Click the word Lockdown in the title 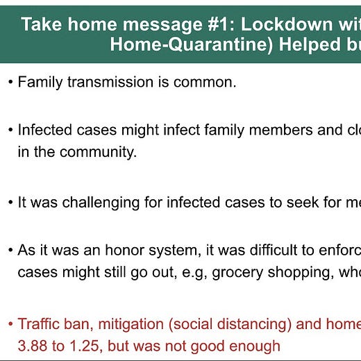pyautogui.click(x=287, y=24)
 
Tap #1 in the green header pyautogui.click(x=219, y=24)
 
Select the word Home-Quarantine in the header pyautogui.click(x=192, y=44)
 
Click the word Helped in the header pyautogui.click(x=310, y=44)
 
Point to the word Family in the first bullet pyautogui.click(x=40, y=83)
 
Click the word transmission pyautogui.click(x=110, y=82)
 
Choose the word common pyautogui.click(x=205, y=83)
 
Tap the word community pyautogui.click(x=98, y=153)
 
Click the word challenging pyautogui.click(x=101, y=203)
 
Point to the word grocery pyautogui.click(x=237, y=273)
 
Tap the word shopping pyautogui.click(x=301, y=273)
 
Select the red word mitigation pyautogui.click(x=131, y=324)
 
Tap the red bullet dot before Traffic pyautogui.click(x=10, y=324)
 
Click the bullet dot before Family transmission pyautogui.click(x=10, y=82)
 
